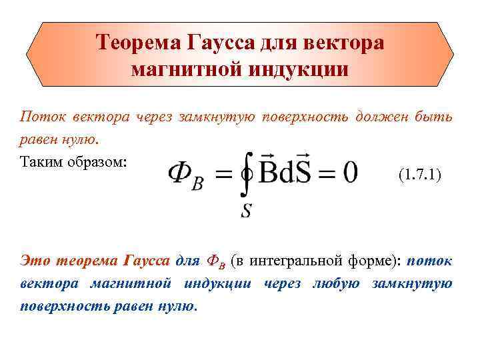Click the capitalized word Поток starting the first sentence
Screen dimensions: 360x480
point(40,117)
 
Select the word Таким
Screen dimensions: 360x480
point(41,163)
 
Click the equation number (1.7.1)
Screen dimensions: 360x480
point(419,176)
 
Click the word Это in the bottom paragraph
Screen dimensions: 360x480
point(35,260)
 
